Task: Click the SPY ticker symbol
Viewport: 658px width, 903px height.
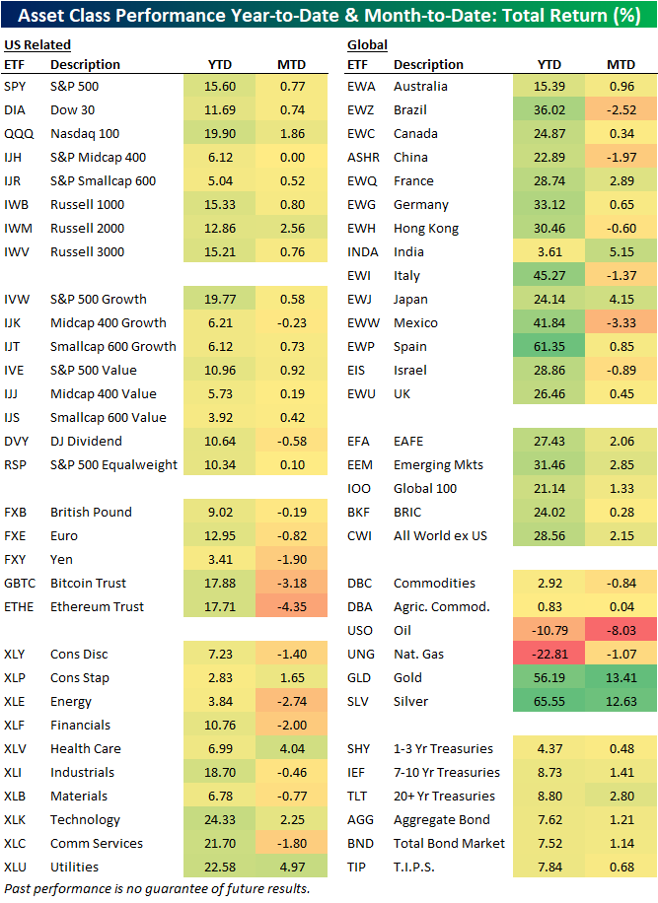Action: [x=15, y=86]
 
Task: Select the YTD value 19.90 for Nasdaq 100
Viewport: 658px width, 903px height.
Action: [x=220, y=133]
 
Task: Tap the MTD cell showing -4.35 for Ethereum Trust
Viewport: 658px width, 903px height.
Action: [x=291, y=606]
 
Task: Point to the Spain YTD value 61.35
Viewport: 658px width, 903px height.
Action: [x=549, y=346]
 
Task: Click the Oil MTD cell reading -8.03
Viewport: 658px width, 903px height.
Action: [x=621, y=630]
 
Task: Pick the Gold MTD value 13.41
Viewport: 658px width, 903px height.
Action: [x=621, y=677]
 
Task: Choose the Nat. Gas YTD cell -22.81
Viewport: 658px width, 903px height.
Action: [x=549, y=654]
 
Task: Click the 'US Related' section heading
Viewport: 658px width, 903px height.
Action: [x=37, y=44]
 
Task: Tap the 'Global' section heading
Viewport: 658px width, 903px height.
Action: [x=367, y=44]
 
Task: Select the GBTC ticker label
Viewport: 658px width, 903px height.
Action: [x=20, y=583]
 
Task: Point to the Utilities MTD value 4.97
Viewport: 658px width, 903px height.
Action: [x=291, y=867]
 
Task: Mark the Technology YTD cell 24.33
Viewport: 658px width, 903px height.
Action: [x=220, y=819]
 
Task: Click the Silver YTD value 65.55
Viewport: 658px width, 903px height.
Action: [x=549, y=701]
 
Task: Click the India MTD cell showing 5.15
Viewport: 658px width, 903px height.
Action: [x=621, y=251]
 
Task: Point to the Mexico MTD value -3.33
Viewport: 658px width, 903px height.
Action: [x=621, y=322]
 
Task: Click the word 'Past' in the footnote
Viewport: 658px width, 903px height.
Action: [x=18, y=888]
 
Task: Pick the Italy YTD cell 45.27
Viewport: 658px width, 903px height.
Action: [x=549, y=275]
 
